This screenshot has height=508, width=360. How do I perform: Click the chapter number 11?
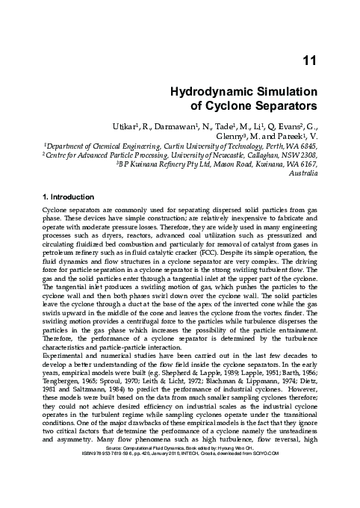tap(308, 62)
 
